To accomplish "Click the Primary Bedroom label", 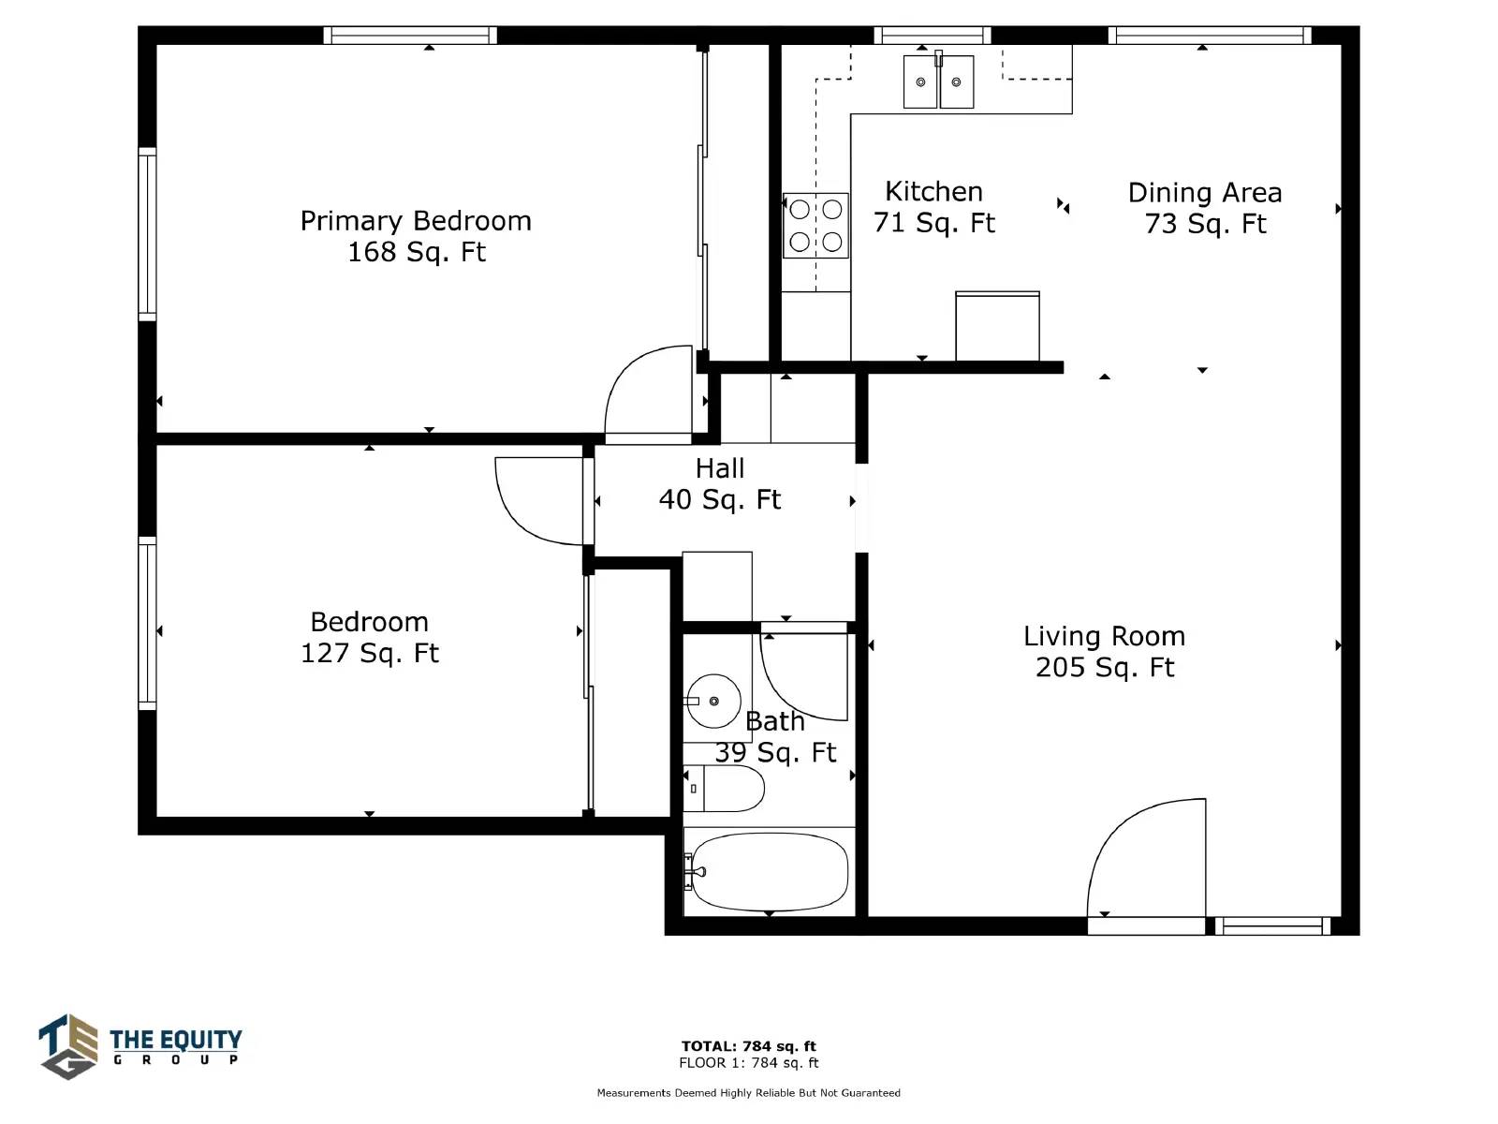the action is point(416,221).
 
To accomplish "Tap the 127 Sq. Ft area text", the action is point(370,653).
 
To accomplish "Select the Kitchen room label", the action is point(933,192).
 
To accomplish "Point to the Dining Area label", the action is point(1205,192).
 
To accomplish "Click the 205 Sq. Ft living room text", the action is point(1104,668).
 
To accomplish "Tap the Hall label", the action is point(719,468).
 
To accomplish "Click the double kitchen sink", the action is point(938,81).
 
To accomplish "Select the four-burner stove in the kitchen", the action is point(815,225).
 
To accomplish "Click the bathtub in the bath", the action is point(769,871).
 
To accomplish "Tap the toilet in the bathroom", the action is point(724,789).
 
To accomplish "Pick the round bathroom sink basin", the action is point(713,701).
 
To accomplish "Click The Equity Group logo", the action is point(140,1046).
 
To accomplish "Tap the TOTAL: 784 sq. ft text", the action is point(749,1045).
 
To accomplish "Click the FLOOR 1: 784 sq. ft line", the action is point(749,1062).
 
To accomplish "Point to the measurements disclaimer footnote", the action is point(749,1092).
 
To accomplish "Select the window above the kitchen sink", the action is point(933,36).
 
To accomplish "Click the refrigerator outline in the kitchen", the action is point(997,326).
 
